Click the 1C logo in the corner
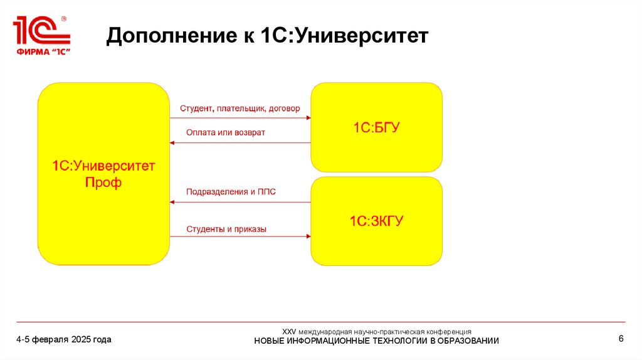point(41,31)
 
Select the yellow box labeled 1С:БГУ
point(376,127)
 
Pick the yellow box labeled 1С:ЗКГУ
point(376,221)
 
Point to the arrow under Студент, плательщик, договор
point(240,119)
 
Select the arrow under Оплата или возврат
point(240,143)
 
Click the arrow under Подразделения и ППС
point(240,202)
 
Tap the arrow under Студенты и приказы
point(240,236)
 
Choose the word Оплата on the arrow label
point(201,132)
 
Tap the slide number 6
point(621,339)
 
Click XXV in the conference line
point(288,331)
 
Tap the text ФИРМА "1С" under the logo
point(41,51)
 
